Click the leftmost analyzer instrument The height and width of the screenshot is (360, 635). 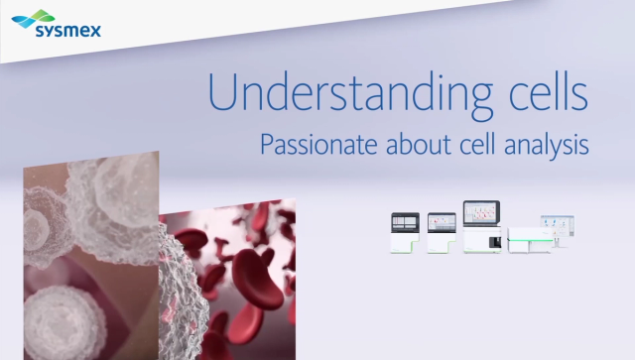click(406, 234)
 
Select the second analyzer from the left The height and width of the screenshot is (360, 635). click(441, 234)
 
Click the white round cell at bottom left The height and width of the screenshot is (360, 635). click(60, 322)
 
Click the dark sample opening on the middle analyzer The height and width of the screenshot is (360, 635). click(484, 239)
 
